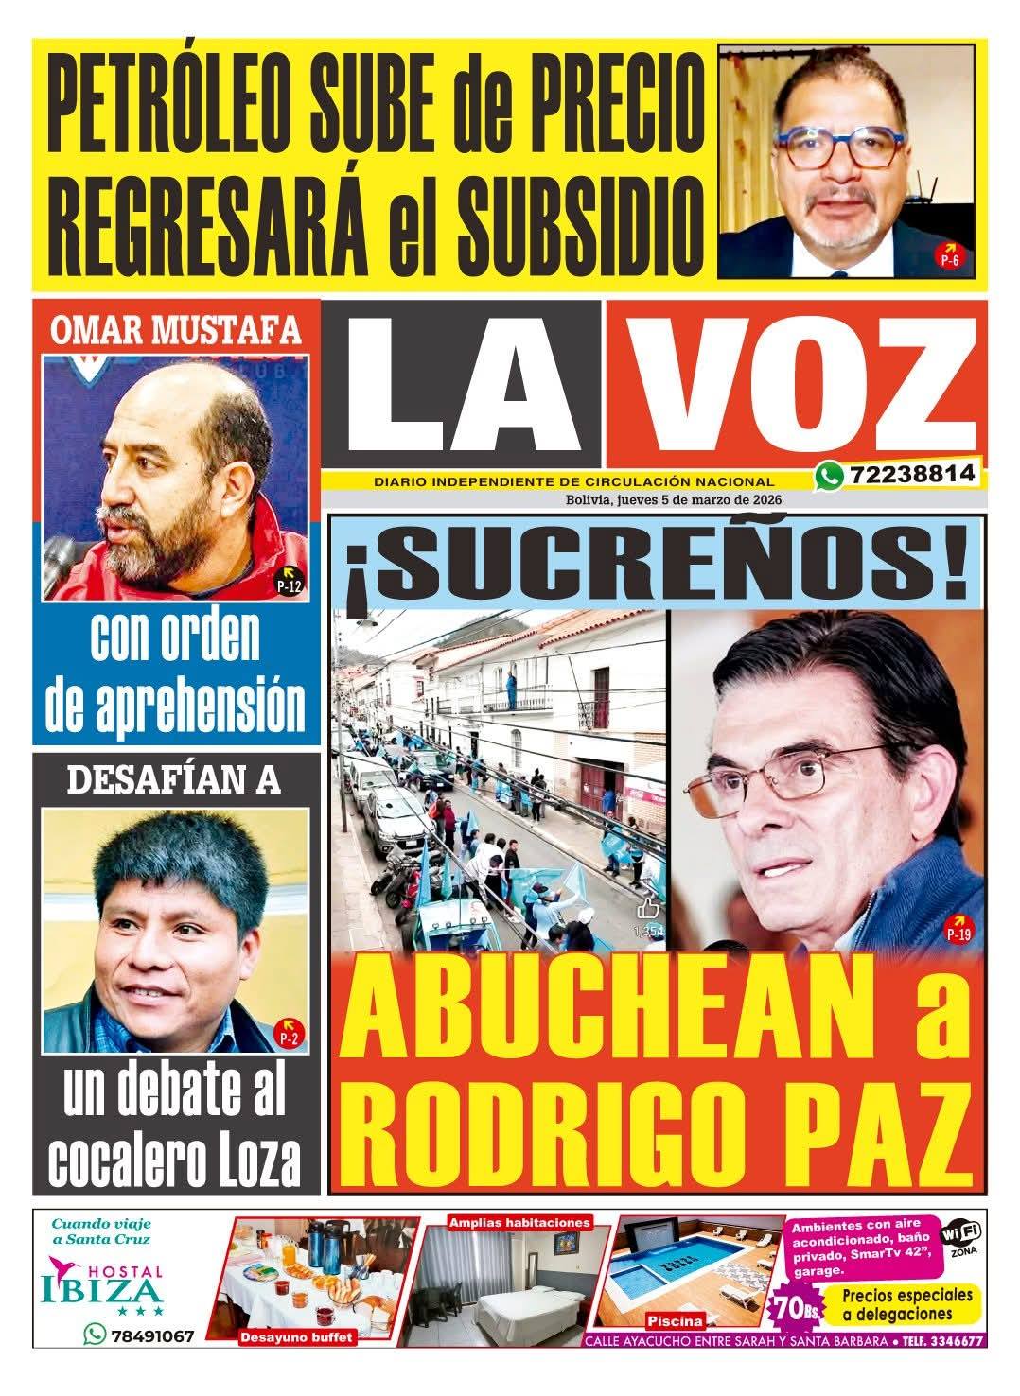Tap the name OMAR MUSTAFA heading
point(175,330)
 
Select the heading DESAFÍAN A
point(175,778)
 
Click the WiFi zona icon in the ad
point(960,1237)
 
